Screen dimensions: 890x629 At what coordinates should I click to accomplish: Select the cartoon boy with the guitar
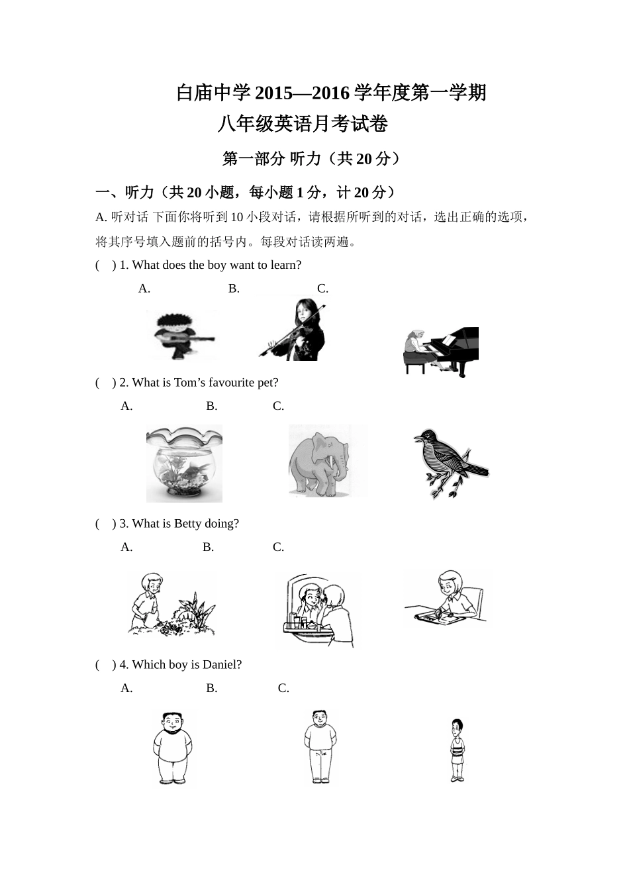coord(181,335)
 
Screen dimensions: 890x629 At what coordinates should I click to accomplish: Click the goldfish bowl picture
coord(184,464)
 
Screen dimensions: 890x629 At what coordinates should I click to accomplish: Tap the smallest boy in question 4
coord(456,750)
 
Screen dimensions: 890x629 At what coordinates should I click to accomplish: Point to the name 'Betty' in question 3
coord(187,524)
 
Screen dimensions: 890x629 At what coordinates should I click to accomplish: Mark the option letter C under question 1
coord(322,289)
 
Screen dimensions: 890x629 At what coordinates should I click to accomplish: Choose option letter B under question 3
coord(208,548)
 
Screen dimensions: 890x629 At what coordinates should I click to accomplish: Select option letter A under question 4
coord(126,689)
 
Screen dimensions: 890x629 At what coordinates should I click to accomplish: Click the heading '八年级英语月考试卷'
coord(302,124)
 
